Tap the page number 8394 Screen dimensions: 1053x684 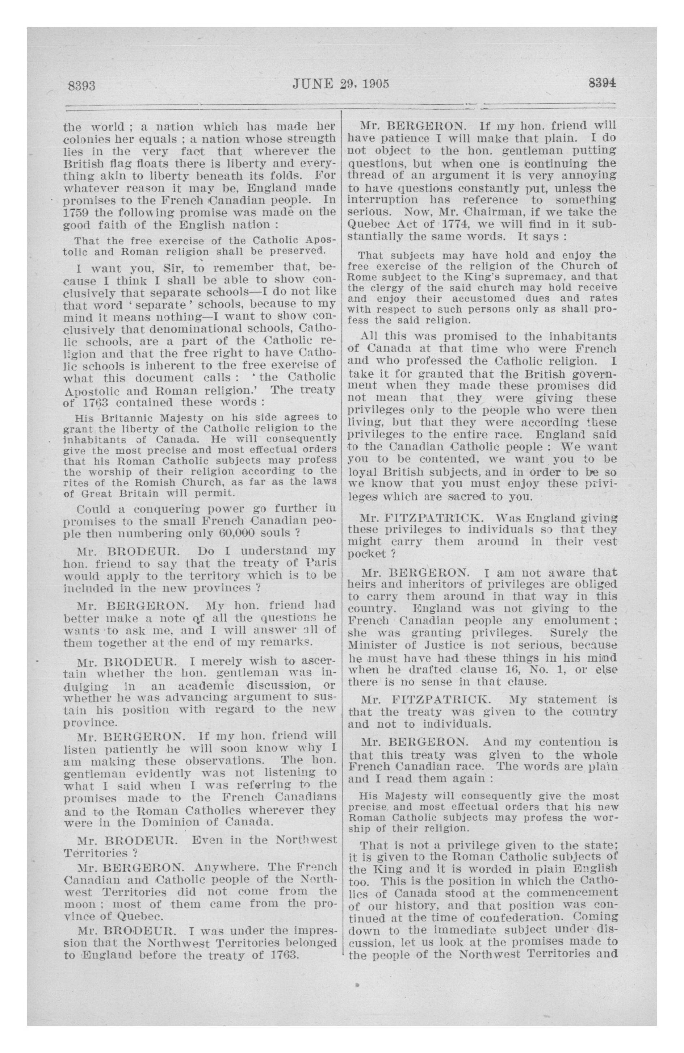602,84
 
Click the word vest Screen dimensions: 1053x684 605,542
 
